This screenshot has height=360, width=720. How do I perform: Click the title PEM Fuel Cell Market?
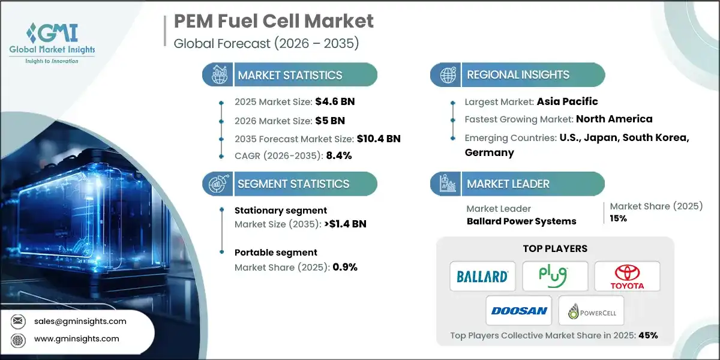pyautogui.click(x=274, y=21)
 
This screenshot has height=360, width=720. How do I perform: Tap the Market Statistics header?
pyautogui.click(x=290, y=75)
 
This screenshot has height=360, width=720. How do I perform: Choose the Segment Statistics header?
pyautogui.click(x=293, y=184)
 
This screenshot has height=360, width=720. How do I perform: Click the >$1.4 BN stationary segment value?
pyautogui.click(x=342, y=224)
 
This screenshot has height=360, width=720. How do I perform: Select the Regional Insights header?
pyautogui.click(x=518, y=75)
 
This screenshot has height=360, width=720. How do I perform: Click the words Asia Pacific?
pyautogui.click(x=567, y=101)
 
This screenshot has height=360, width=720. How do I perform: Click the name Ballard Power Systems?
pyautogui.click(x=521, y=221)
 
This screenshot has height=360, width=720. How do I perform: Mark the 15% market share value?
pyautogui.click(x=619, y=218)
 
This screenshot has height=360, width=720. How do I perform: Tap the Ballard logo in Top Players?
pyautogui.click(x=482, y=276)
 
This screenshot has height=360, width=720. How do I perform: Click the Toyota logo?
pyautogui.click(x=627, y=276)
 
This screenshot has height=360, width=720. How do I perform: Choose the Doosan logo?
pyautogui.click(x=519, y=311)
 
